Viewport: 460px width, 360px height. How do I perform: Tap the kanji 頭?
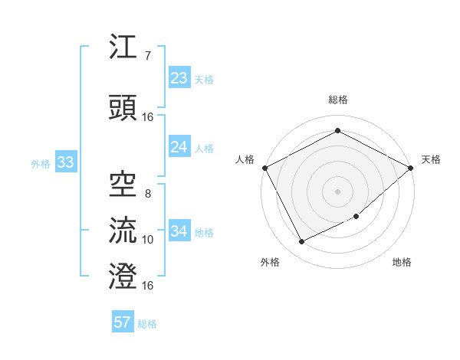pyautogui.click(x=123, y=108)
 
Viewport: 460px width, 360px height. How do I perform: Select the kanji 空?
pyautogui.click(x=123, y=182)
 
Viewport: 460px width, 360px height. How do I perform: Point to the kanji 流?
pyautogui.click(x=123, y=229)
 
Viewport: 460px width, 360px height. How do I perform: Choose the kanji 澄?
pyautogui.click(x=123, y=275)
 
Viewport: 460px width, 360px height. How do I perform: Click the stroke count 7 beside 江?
pyautogui.click(x=147, y=56)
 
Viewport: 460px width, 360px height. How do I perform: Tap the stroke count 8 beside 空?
pyautogui.click(x=147, y=194)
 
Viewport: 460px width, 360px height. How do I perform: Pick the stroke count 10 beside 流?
pyautogui.click(x=147, y=240)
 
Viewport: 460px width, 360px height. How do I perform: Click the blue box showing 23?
pyautogui.click(x=179, y=78)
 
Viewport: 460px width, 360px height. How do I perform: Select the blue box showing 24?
pyautogui.click(x=179, y=147)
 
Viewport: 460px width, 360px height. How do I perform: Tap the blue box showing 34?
pyautogui.click(x=179, y=231)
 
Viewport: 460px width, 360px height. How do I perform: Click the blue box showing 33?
pyautogui.click(x=65, y=162)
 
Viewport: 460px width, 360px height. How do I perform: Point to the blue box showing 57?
pyautogui.click(x=123, y=322)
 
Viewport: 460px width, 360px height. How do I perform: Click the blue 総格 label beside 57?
pyautogui.click(x=147, y=324)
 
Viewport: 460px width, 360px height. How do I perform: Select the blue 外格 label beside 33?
pyautogui.click(x=41, y=163)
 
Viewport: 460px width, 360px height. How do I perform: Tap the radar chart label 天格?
pyautogui.click(x=431, y=159)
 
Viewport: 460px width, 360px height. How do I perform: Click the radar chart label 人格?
pyautogui.click(x=245, y=159)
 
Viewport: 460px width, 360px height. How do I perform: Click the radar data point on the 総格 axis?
pyautogui.click(x=337, y=131)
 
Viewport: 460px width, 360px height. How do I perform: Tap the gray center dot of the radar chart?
pyautogui.click(x=337, y=190)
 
